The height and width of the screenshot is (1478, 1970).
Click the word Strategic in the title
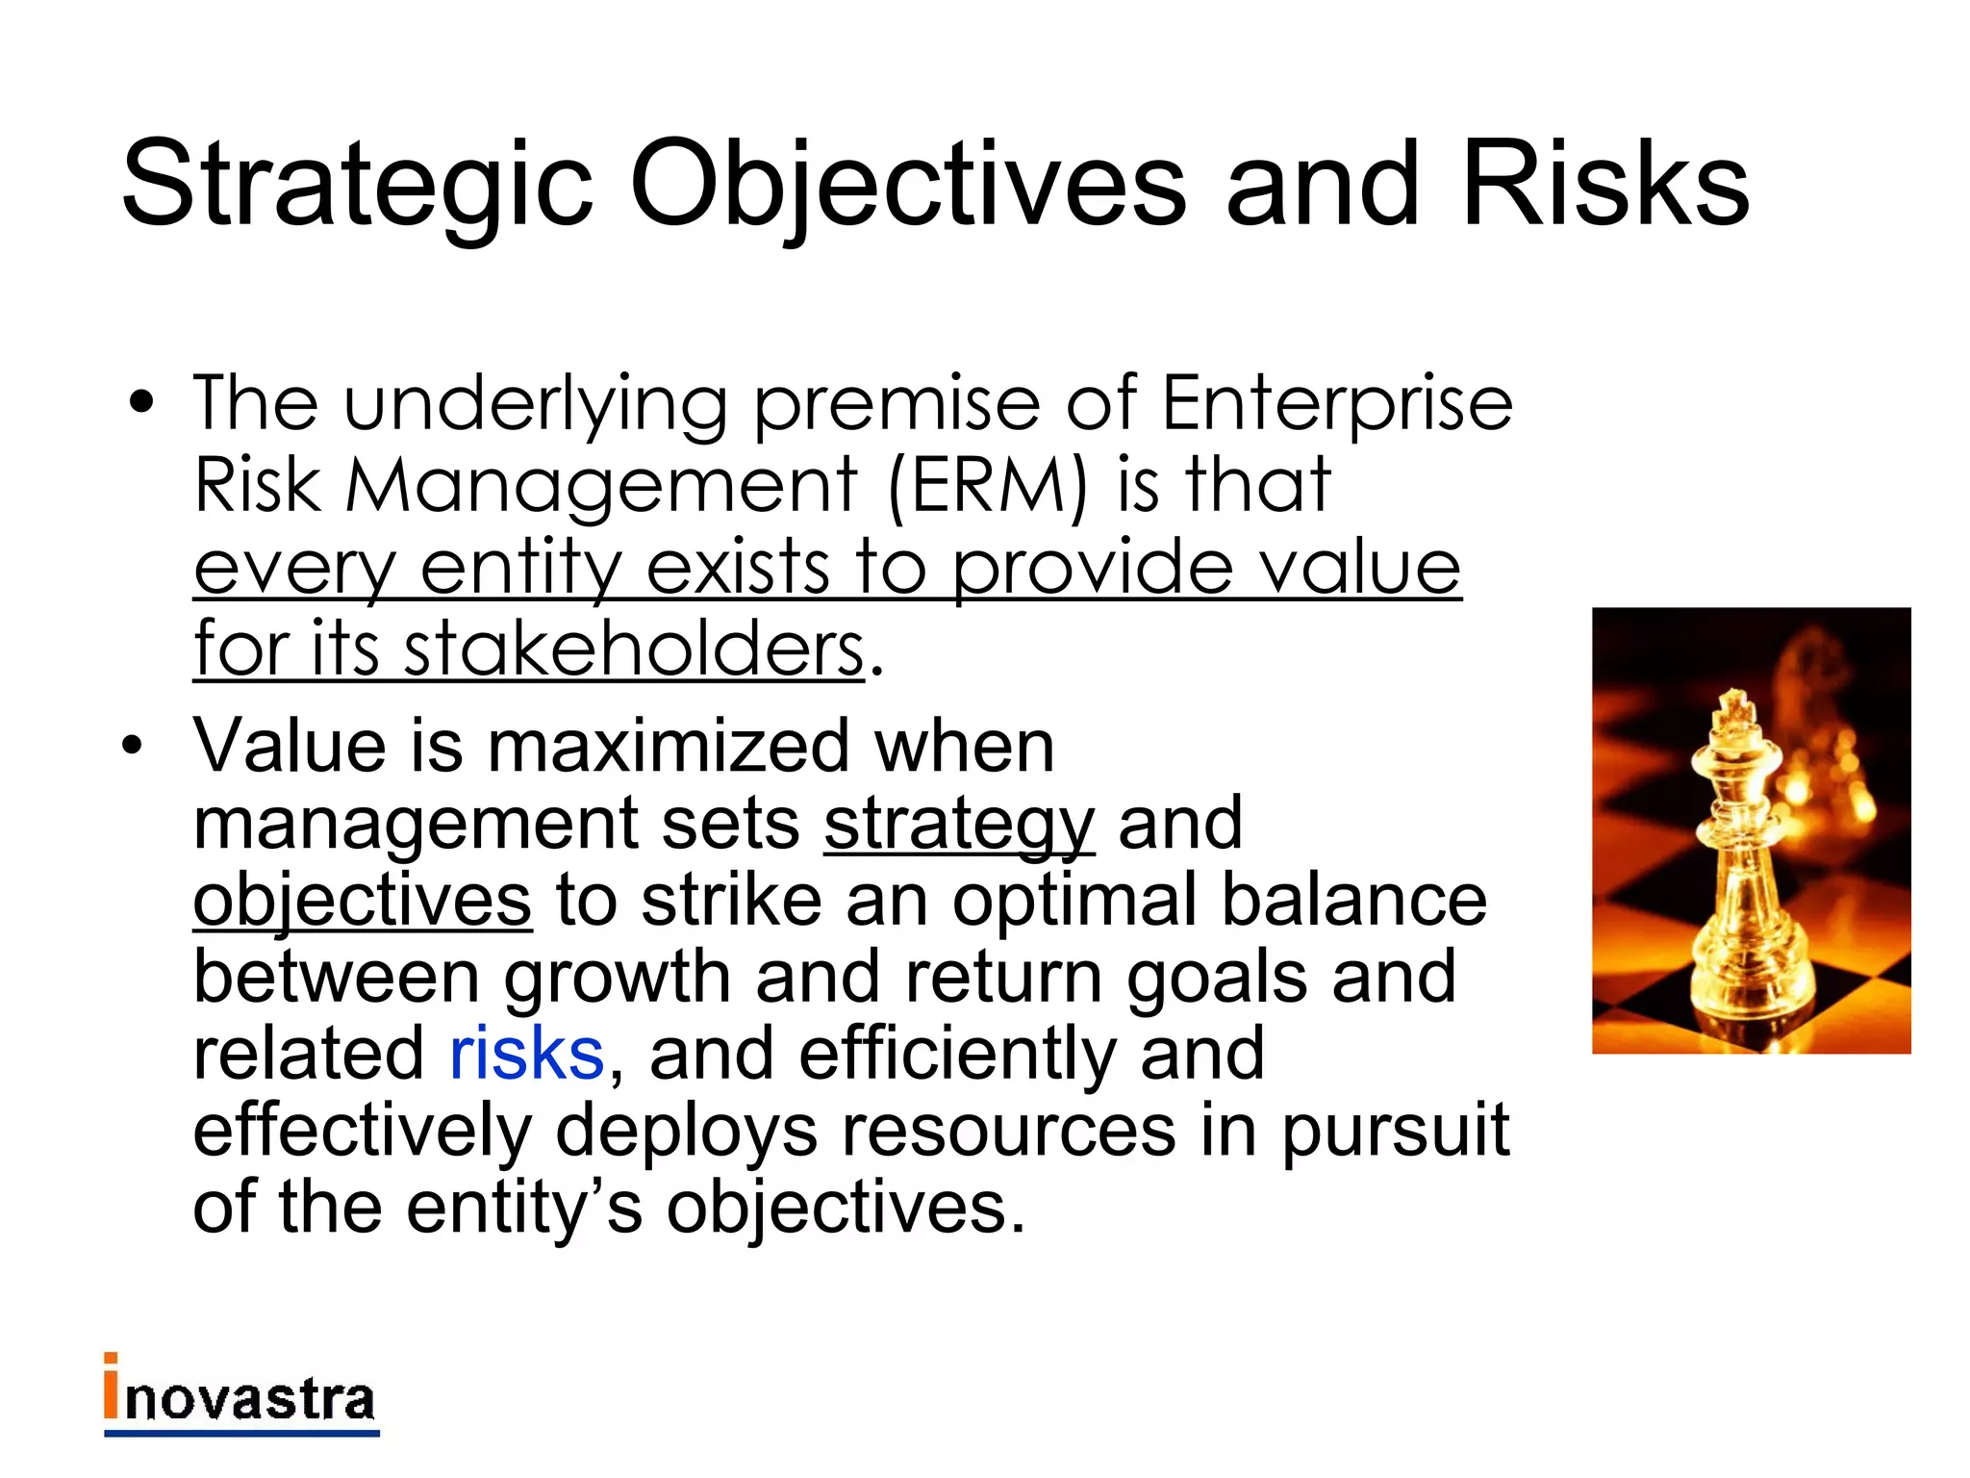[x=357, y=185]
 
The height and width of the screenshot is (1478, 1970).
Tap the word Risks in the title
[x=1604, y=185]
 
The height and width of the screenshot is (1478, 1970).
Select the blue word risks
[x=526, y=1054]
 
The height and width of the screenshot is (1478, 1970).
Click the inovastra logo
[x=240, y=1397]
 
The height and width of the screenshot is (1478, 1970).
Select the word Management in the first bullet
[x=600, y=485]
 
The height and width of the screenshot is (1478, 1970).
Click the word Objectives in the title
[x=908, y=185]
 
